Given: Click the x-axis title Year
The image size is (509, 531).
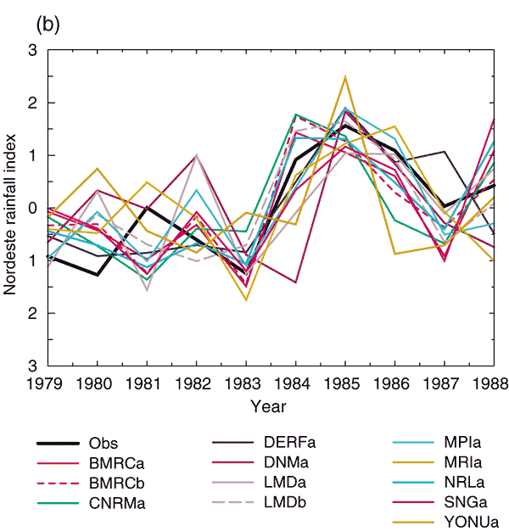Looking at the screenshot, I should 272,406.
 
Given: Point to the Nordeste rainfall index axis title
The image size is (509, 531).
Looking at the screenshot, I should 12,208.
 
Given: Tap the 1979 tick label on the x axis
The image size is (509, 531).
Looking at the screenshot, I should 47,384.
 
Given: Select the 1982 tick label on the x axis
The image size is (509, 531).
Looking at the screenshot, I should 196,384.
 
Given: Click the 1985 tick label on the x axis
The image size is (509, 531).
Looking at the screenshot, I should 345,384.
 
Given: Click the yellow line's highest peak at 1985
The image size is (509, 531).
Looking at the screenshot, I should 345,76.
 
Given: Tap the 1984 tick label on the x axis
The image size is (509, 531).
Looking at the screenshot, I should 295,384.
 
